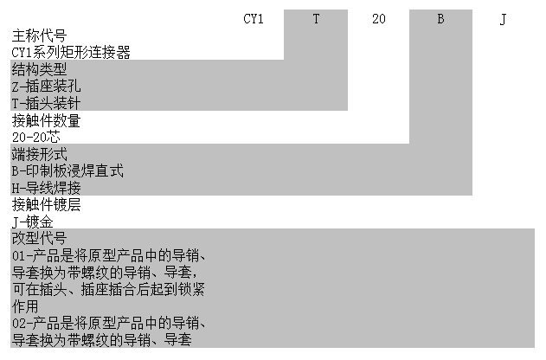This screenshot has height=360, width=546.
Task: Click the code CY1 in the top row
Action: pyautogui.click(x=254, y=18)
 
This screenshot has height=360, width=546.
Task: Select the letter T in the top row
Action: pyautogui.click(x=316, y=18)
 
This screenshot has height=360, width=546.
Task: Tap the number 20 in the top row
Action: pyautogui.click(x=378, y=18)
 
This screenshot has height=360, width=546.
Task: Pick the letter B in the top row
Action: pyautogui.click(x=440, y=18)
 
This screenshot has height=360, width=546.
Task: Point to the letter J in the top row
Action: pyautogui.click(x=503, y=18)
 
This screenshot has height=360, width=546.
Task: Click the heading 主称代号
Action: pyautogui.click(x=39, y=35)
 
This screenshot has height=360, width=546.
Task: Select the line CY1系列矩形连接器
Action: pyautogui.click(x=71, y=52)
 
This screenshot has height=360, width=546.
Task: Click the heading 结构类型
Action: pyautogui.click(x=39, y=68)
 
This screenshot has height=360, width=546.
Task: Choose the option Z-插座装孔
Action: pyautogui.click(x=51, y=86)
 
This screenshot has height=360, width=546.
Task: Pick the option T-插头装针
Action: pyautogui.click(x=51, y=102)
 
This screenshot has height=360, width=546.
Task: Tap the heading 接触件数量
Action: pyautogui.click(x=45, y=119)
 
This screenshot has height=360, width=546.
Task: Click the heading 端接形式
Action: pyautogui.click(x=39, y=153)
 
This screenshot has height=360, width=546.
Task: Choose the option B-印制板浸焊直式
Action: pyautogui.click(x=67, y=170)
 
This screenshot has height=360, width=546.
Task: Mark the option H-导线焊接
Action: pyautogui.click(x=51, y=187)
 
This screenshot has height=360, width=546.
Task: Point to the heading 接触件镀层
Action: pyautogui.click(x=45, y=203)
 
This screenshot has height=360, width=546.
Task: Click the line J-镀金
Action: pyautogui.click(x=33, y=221)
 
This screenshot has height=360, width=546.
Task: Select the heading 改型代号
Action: pyautogui.click(x=39, y=237)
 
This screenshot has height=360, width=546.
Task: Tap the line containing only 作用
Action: pyautogui.click(x=25, y=305)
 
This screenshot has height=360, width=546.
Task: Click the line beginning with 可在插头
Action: pyautogui.click(x=108, y=288)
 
